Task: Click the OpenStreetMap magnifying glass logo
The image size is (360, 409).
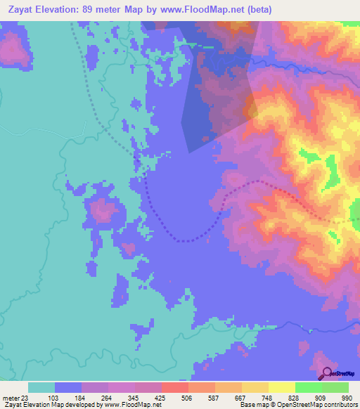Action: pyautogui.click(x=326, y=372)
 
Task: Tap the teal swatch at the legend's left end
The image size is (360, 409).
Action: pyautogui.click(x=41, y=387)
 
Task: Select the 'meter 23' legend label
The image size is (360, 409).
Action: pyautogui.click(x=14, y=397)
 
